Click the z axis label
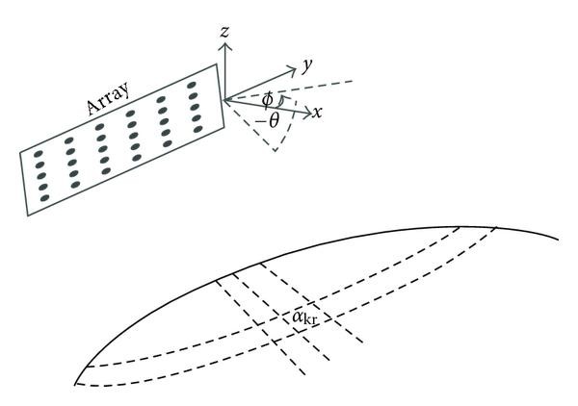click(x=223, y=33)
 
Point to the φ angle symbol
click(x=267, y=99)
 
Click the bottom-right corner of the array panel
click(x=224, y=127)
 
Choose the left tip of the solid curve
click(x=76, y=384)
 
